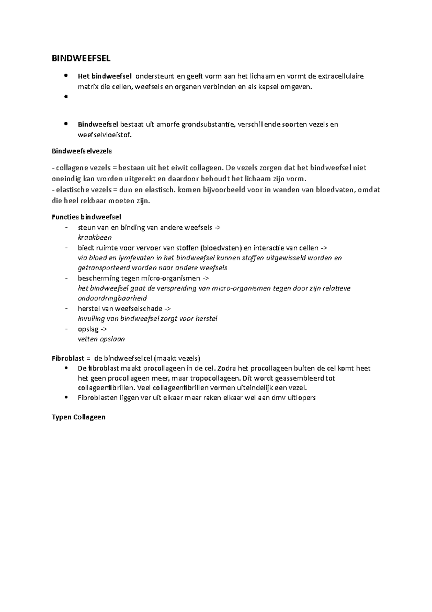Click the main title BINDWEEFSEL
81,58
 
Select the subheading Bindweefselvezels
82,151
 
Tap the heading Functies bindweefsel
86,217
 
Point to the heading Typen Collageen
78,417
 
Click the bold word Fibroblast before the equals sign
68,358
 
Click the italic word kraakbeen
95,238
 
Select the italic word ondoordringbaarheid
112,298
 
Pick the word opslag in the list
87,329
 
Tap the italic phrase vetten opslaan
101,339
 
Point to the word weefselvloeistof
105,135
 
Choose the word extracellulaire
341,76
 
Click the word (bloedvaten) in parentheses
221,248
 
